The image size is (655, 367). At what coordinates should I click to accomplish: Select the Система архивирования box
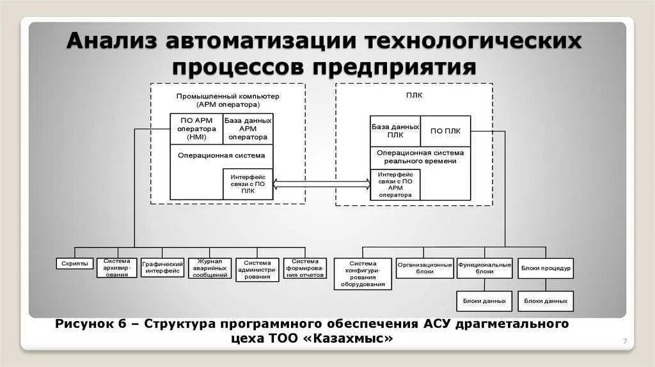click(117, 267)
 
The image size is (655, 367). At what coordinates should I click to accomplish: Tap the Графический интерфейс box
click(163, 267)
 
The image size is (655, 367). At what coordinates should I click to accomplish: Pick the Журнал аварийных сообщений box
click(211, 267)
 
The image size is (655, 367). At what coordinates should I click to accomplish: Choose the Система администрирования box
click(258, 269)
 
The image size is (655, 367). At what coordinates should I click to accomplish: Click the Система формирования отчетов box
click(304, 268)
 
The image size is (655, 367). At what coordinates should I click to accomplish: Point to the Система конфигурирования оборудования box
click(363, 274)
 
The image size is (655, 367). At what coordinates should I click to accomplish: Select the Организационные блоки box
click(425, 268)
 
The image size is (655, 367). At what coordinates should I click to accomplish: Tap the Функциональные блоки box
click(484, 268)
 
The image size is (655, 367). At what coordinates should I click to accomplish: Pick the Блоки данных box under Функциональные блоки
click(484, 301)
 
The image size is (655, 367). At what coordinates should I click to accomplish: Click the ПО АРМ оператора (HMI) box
click(196, 129)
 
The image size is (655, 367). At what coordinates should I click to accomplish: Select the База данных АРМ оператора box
click(248, 129)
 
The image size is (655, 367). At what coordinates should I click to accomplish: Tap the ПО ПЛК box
click(445, 131)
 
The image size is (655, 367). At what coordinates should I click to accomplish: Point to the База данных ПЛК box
click(395, 131)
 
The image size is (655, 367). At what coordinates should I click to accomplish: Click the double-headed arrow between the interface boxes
click(322, 184)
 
